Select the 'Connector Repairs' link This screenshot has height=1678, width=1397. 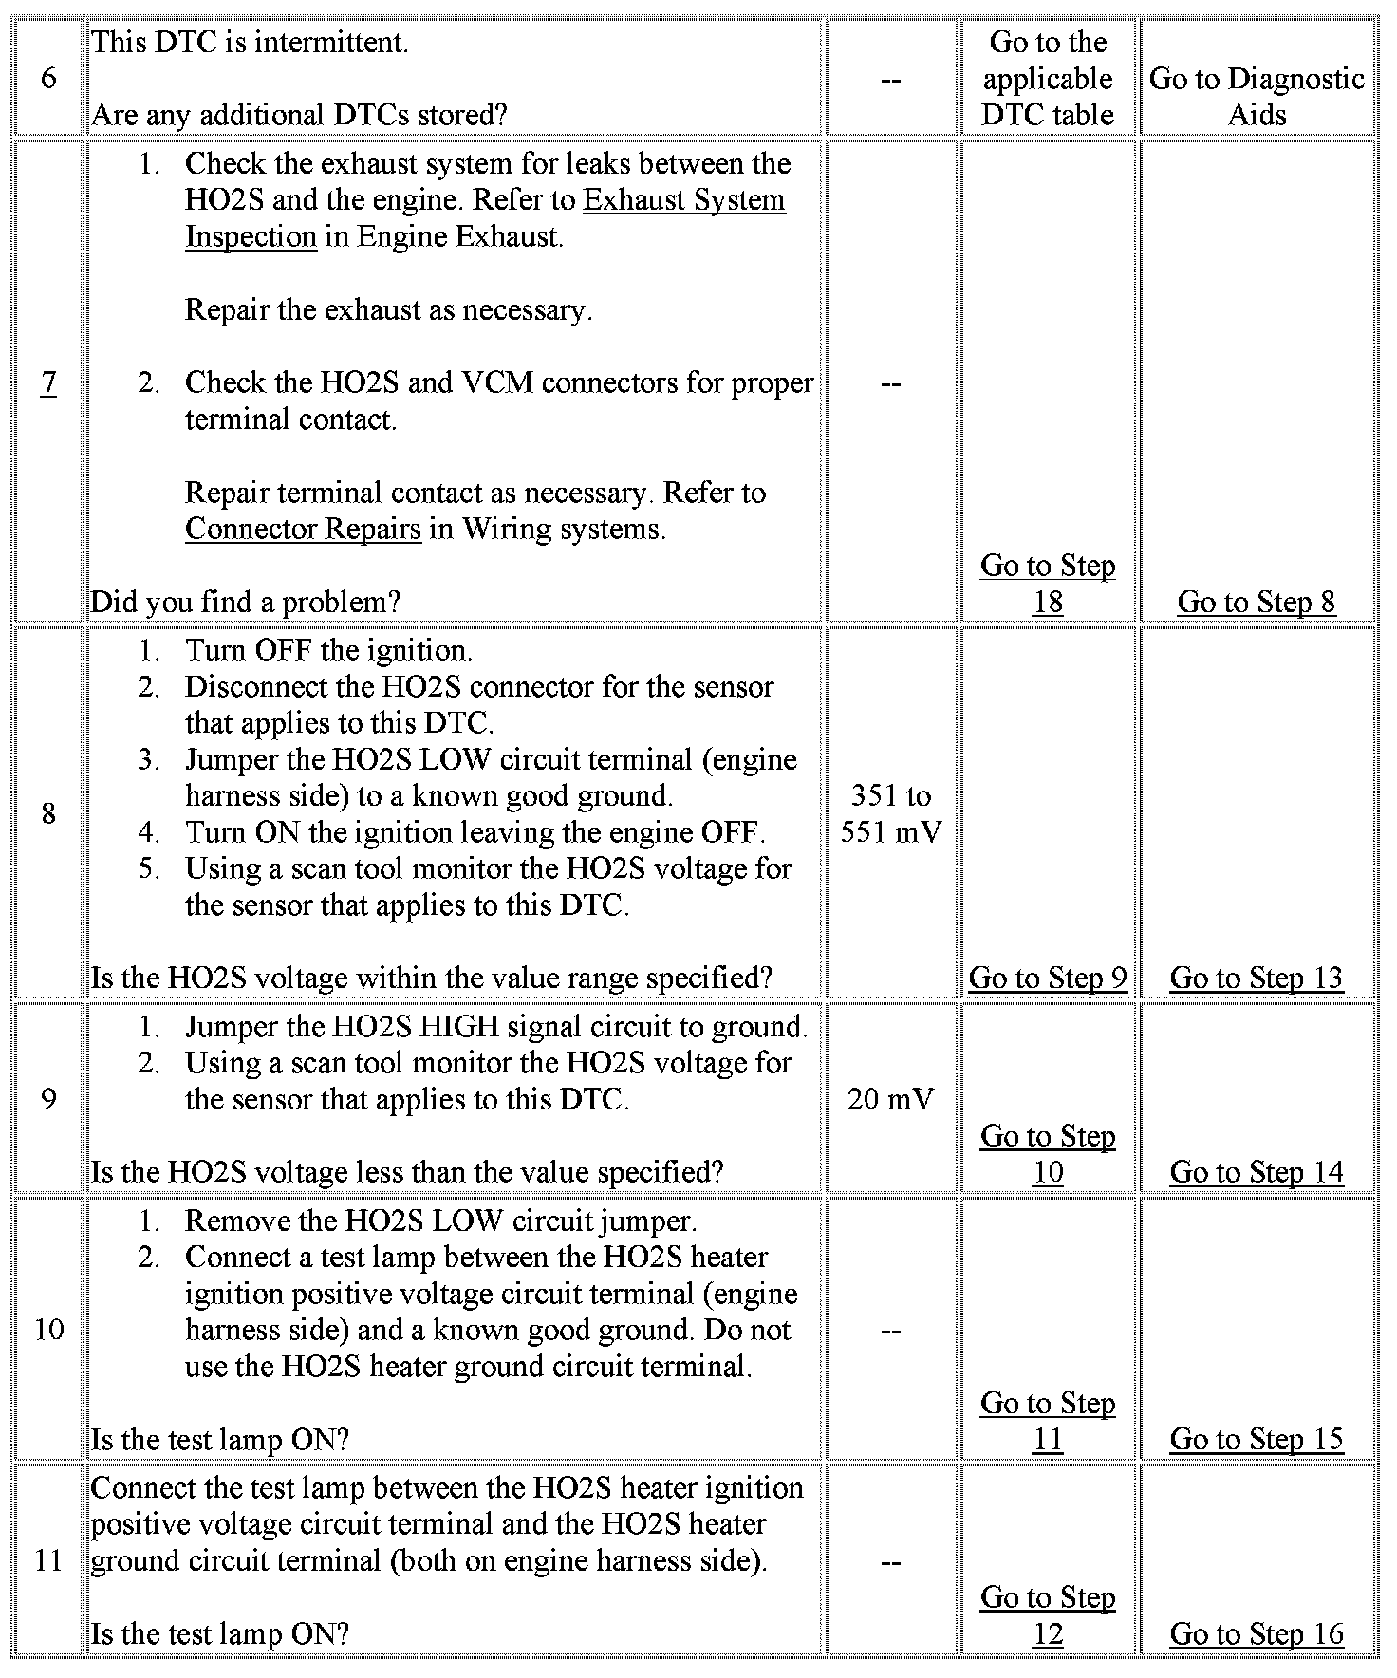coord(303,529)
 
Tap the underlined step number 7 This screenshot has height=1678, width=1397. coord(48,382)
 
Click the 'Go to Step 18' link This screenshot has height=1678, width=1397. coord(1047,583)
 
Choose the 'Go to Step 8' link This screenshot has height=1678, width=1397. coord(1256,602)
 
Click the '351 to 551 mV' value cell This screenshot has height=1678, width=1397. coord(890,813)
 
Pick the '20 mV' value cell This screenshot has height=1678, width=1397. coord(890,1099)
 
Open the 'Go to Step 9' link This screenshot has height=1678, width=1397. coord(1047,978)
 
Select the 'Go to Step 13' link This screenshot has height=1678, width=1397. coord(1256,978)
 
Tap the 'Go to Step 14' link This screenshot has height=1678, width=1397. coord(1256,1172)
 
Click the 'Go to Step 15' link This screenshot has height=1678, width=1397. coord(1256,1439)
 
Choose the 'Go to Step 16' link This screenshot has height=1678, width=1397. coord(1256,1633)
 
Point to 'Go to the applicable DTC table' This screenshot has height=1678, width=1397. coord(1047,79)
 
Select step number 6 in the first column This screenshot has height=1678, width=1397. coord(48,79)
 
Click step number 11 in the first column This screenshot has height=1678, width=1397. coord(48,1560)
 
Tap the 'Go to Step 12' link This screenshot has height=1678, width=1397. coord(1047,1615)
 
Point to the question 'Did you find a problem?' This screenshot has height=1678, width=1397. coord(245,602)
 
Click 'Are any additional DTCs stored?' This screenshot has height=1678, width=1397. coord(299,115)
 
